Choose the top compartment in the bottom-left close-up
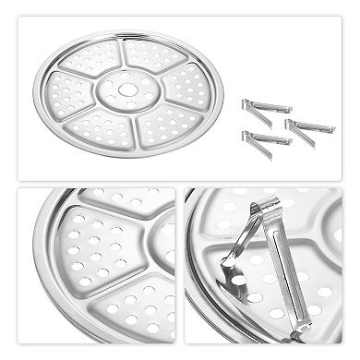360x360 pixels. click(120, 210)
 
